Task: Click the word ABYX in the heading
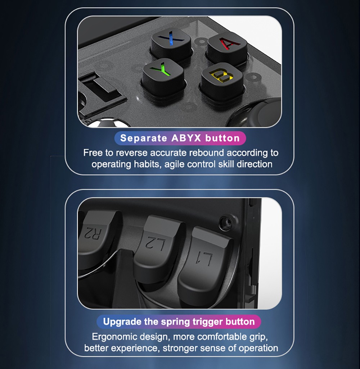(186, 138)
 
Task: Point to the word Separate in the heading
(144, 138)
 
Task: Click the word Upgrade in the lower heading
(122, 322)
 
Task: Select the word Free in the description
(93, 153)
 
